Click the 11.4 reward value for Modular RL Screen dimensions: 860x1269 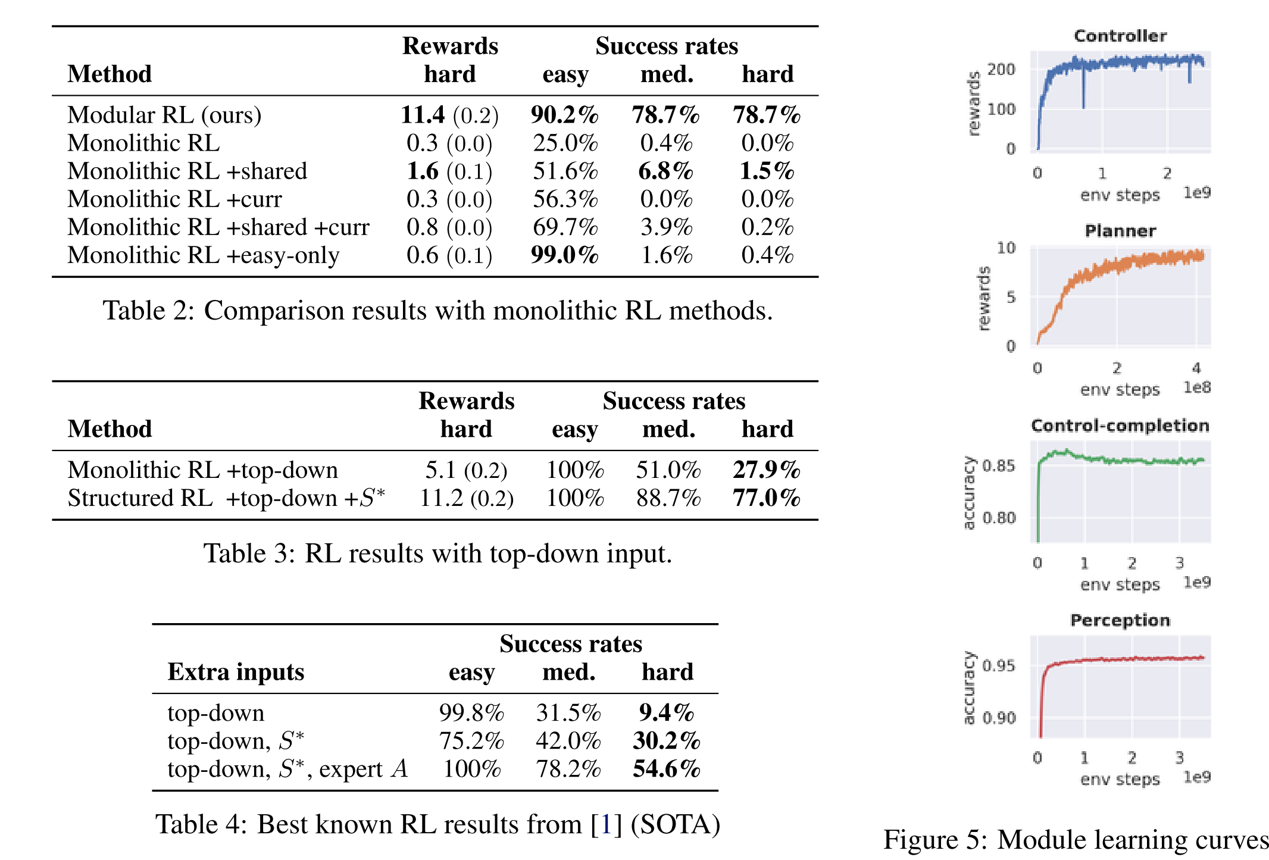tap(423, 115)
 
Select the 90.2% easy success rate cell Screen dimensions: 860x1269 tap(564, 115)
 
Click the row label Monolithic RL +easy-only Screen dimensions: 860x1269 tap(203, 255)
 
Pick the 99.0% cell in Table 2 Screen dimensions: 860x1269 tap(564, 255)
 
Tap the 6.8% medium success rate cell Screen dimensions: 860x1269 tap(665, 171)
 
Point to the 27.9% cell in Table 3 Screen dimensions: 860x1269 tap(766, 470)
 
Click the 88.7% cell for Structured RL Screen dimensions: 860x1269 tap(668, 498)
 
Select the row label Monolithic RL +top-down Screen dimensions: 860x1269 tap(202, 470)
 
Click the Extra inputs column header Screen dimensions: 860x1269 tap(236, 672)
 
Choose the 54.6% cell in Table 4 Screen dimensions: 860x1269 tap(667, 769)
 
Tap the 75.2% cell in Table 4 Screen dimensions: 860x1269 tap(471, 741)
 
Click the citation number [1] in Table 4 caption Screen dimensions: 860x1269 tap(606, 825)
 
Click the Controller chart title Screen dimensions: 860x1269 tap(1120, 36)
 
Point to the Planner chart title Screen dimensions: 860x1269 tap(1120, 231)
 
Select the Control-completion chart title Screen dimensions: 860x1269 tap(1120, 426)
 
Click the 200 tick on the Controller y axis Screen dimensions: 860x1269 tap(1001, 70)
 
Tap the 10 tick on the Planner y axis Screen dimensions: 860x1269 tap(1006, 248)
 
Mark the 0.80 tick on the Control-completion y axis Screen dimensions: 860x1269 tap(999, 518)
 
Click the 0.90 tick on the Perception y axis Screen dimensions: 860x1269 tap(999, 718)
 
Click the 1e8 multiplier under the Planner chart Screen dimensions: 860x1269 tap(1197, 387)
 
